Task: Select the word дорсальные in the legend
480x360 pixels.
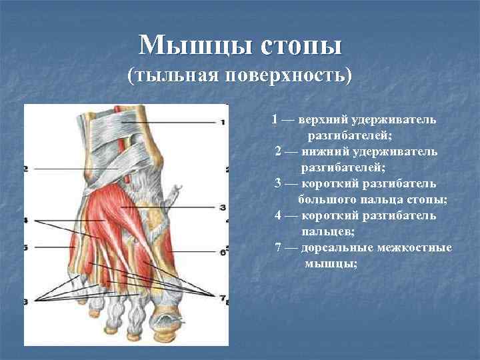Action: click(333, 248)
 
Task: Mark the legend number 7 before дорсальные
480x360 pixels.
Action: click(279, 248)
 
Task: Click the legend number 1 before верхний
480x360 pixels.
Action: click(275, 120)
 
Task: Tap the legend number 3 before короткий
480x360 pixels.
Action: click(278, 183)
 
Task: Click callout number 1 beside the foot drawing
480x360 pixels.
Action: click(223, 122)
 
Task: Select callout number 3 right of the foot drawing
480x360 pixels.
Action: click(223, 207)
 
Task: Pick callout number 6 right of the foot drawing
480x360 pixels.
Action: click(222, 253)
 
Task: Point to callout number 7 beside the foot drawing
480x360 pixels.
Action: click(223, 295)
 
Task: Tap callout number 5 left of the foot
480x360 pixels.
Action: click(25, 247)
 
